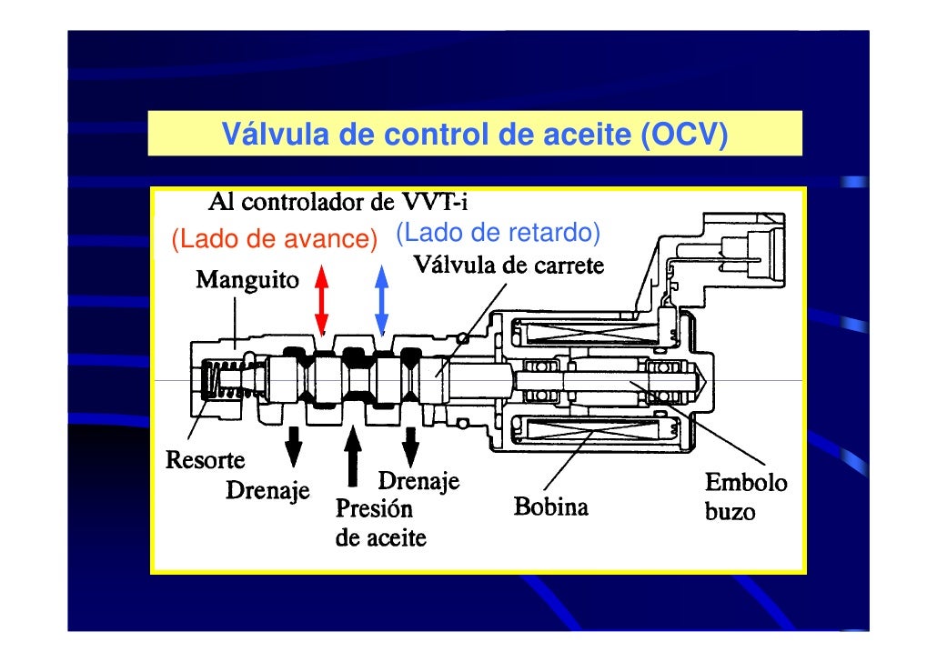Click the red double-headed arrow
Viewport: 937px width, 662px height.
[320, 302]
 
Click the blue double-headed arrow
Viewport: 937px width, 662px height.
[382, 300]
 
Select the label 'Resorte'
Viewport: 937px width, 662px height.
[198, 459]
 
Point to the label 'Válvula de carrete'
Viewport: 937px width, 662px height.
[509, 266]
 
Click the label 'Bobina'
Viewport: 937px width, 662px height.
[551, 506]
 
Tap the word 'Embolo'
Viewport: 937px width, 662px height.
[747, 481]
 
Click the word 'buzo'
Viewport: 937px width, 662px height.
[730, 511]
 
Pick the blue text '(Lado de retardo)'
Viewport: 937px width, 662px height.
[498, 234]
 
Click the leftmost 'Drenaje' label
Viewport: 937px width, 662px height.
[267, 492]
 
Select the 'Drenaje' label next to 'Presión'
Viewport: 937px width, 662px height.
[418, 479]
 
